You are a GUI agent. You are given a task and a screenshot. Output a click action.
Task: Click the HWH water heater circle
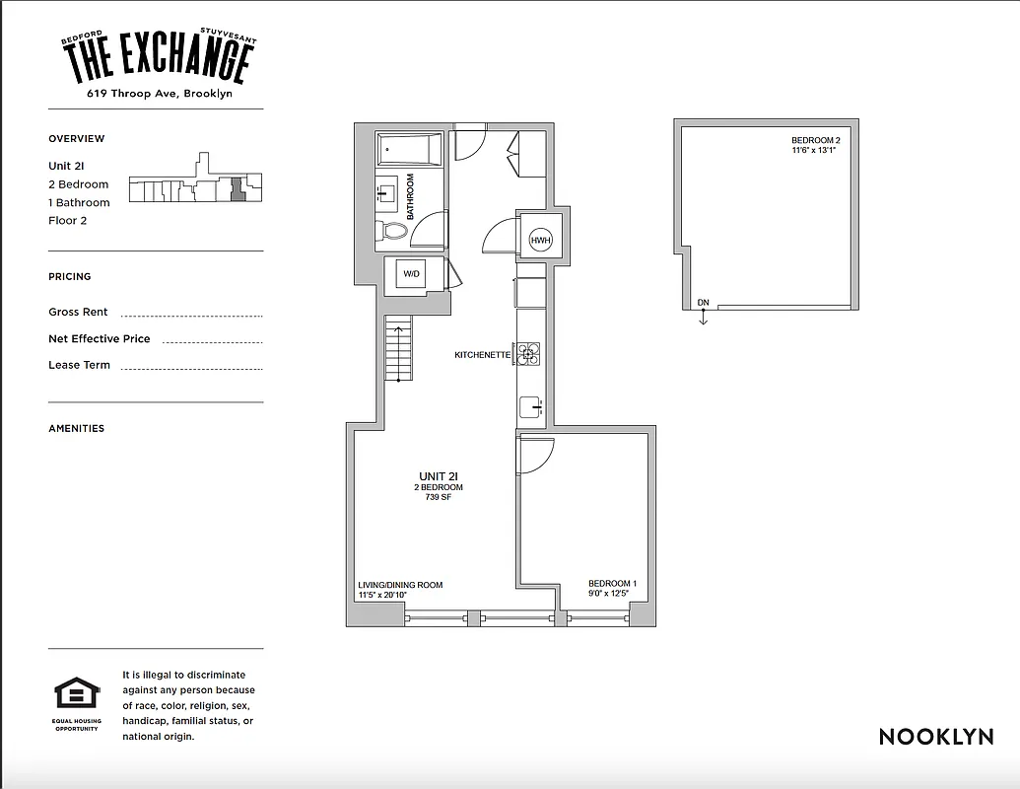(x=541, y=241)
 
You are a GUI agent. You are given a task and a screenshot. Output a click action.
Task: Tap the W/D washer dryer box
(x=410, y=274)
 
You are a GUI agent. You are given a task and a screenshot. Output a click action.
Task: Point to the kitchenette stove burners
(x=529, y=354)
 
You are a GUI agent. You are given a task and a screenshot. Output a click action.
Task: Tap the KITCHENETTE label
(x=482, y=354)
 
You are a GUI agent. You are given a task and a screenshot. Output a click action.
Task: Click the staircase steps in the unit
(x=396, y=350)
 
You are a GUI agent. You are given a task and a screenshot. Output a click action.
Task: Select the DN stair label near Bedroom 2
(x=703, y=303)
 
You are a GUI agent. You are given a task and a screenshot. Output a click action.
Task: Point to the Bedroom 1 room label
(x=612, y=584)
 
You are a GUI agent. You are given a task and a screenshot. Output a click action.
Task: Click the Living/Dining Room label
(x=400, y=585)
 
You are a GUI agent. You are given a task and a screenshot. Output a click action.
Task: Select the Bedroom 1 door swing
(x=536, y=454)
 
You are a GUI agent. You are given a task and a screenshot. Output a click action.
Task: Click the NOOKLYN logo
(x=935, y=737)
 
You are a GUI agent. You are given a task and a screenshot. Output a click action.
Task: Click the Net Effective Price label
(x=100, y=339)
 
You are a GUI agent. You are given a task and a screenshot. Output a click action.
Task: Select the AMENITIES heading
(x=76, y=429)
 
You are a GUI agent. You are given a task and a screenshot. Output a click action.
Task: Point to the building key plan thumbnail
(x=196, y=181)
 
